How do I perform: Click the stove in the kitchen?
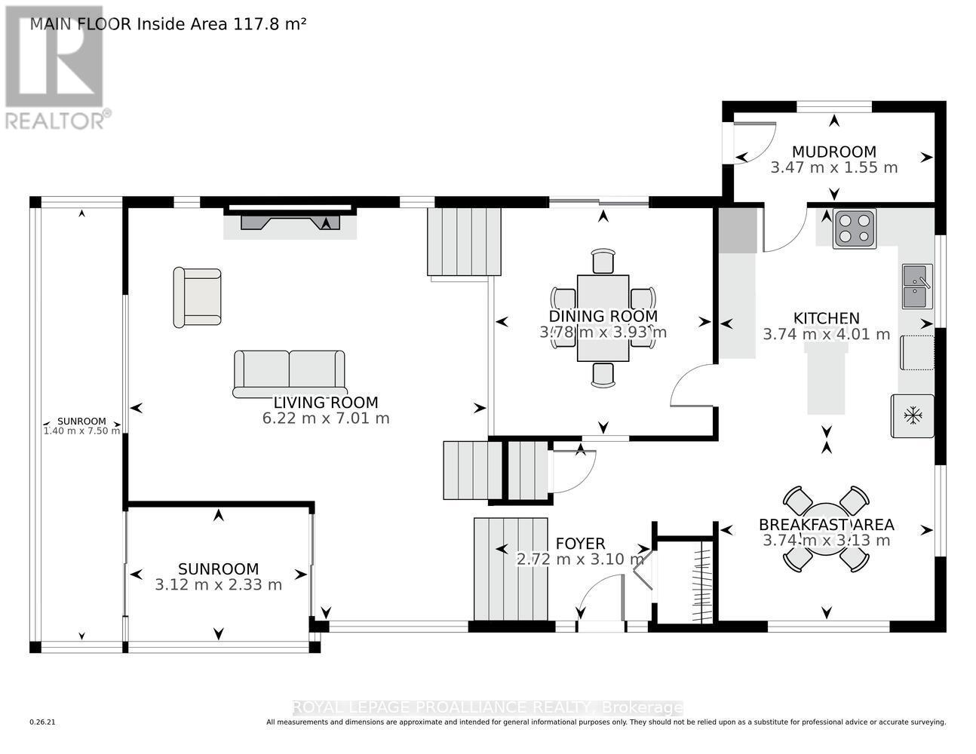855,228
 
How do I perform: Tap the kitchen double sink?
918,287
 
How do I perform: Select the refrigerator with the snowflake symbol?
913,415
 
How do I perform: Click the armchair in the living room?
197,298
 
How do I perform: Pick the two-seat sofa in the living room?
289,374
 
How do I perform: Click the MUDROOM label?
834,152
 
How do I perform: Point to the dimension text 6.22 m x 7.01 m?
326,418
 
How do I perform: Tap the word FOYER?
580,544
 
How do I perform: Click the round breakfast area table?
826,529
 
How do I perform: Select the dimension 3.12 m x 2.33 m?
218,585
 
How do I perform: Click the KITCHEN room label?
827,318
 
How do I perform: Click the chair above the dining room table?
603,261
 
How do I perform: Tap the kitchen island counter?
827,379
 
